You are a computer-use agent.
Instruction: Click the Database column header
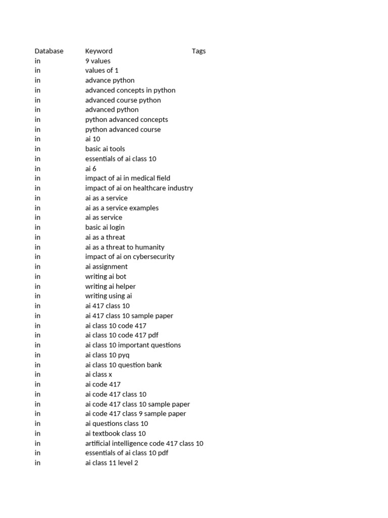(49, 51)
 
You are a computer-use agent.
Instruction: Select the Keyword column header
(99, 51)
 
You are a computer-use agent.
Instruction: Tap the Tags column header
(199, 51)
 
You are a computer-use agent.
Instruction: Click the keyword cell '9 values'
(98, 61)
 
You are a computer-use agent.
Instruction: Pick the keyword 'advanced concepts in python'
(130, 90)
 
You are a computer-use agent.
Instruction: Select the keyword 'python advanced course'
(123, 129)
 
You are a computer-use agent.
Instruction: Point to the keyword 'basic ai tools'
(105, 149)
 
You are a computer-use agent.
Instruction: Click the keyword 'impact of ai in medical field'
(128, 178)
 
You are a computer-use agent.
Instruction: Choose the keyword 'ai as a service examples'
(122, 208)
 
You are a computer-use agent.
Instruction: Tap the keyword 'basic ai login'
(105, 227)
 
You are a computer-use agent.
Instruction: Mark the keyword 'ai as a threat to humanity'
(125, 247)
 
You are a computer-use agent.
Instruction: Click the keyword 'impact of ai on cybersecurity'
(130, 256)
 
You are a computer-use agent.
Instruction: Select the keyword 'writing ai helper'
(110, 286)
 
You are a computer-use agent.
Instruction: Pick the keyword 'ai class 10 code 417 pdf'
(122, 335)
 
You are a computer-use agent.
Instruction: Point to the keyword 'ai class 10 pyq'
(107, 355)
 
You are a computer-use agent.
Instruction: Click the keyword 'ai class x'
(99, 374)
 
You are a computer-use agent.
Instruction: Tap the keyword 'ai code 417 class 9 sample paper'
(135, 413)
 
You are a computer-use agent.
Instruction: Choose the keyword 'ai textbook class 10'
(115, 433)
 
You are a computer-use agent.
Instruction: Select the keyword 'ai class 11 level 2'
(112, 463)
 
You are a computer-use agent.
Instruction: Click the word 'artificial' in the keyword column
(98, 443)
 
